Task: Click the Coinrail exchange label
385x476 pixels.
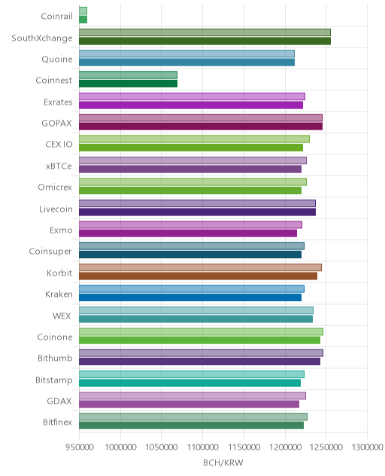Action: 56,16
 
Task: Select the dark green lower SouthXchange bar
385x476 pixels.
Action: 205,41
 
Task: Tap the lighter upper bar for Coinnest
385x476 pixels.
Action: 129,75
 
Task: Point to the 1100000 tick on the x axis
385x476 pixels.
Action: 202,447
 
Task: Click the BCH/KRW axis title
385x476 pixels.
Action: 223,462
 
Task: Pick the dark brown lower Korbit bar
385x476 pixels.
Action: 199,276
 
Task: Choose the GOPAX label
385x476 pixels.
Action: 57,124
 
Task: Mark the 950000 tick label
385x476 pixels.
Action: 80,447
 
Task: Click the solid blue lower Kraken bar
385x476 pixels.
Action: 190,297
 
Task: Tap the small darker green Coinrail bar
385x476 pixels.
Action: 83,20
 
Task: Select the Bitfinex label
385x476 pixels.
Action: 58,423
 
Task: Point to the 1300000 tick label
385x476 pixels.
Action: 368,447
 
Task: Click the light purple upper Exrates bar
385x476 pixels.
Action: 192,96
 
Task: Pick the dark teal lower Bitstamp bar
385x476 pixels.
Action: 189,383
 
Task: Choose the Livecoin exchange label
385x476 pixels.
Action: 56,209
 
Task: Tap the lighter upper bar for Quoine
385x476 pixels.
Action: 186,53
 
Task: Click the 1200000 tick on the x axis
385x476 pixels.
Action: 285,447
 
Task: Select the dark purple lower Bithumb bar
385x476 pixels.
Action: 200,362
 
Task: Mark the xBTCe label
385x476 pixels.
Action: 59,166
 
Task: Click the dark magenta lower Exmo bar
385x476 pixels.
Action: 188,233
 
